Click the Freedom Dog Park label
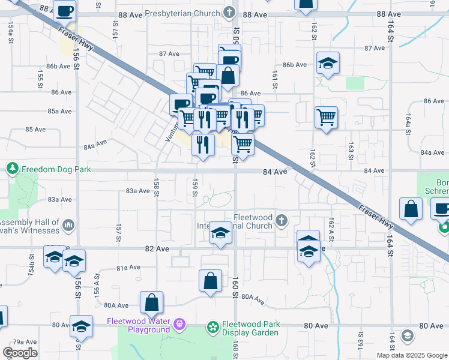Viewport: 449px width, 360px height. (56, 170)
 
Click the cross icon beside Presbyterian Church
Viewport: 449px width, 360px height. (229, 12)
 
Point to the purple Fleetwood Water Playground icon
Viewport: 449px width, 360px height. (178, 325)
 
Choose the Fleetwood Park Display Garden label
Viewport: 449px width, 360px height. (251, 328)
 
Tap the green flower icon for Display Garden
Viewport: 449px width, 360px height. (211, 328)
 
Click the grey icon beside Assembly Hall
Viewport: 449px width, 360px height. (67, 225)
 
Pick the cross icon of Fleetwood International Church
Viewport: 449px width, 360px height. (280, 222)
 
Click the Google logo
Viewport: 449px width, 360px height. (19, 353)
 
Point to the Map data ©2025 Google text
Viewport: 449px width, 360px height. (411, 355)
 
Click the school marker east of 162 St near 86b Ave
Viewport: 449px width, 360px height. (328, 63)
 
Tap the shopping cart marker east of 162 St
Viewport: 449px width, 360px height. (326, 117)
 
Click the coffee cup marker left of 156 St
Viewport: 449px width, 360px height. (64, 10)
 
